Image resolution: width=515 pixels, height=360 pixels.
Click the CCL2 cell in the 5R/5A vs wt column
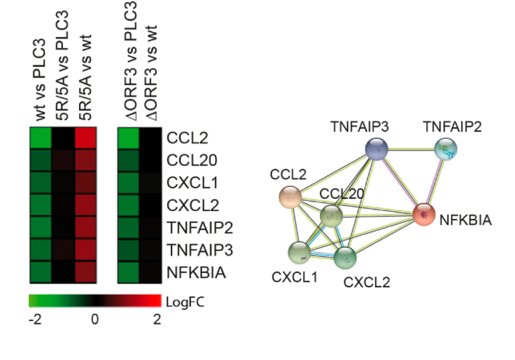(x=85, y=138)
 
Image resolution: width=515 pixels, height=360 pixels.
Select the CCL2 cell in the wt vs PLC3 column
(x=40, y=138)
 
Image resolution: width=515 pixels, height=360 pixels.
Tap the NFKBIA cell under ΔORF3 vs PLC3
(x=128, y=272)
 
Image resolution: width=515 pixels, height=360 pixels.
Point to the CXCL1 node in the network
(x=299, y=252)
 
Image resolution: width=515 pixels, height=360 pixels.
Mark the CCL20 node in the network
(x=331, y=216)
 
